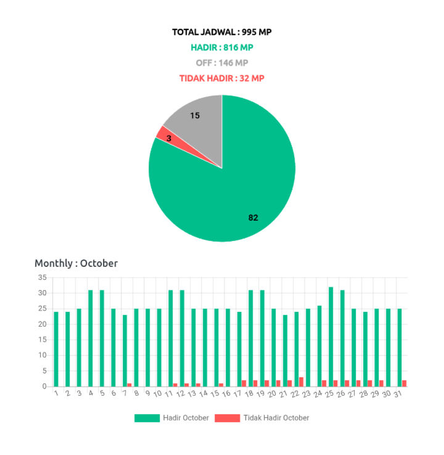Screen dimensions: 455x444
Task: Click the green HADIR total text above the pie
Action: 222,47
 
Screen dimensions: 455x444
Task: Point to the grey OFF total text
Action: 222,63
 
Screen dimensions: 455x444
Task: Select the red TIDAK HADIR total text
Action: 222,78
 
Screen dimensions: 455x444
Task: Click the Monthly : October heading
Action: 76,263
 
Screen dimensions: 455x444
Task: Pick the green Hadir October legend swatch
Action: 147,418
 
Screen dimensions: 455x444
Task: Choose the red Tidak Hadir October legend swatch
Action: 228,418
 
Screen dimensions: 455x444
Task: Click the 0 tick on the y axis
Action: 44,386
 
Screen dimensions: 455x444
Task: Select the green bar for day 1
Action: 57,348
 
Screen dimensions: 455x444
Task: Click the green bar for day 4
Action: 91,338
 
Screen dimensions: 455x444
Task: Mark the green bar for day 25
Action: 331,336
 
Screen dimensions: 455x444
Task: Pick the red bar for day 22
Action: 302,381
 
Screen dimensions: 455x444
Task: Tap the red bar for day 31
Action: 405,383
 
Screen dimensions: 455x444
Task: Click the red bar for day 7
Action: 129,384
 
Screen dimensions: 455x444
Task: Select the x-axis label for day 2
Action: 68,393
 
